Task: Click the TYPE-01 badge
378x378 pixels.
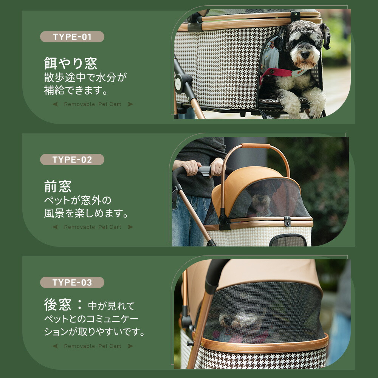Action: point(72,37)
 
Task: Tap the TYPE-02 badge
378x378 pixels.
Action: point(72,160)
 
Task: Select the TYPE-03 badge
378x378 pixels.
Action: point(72,282)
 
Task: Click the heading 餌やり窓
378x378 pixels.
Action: point(70,63)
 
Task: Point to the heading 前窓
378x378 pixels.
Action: point(57,186)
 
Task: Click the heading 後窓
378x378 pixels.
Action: point(57,304)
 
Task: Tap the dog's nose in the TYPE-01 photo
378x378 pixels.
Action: point(305,55)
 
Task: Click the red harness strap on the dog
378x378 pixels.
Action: point(277,73)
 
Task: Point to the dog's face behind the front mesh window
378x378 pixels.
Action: point(260,198)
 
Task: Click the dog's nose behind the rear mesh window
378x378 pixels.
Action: point(225,321)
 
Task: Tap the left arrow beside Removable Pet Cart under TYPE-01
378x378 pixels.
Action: point(55,104)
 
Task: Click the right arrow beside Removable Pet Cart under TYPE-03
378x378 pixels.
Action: point(130,346)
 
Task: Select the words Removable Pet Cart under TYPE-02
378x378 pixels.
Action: point(93,227)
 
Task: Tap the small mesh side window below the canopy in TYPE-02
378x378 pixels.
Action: point(288,240)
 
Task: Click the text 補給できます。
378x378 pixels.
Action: point(76,90)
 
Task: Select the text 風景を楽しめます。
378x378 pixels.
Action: point(86,213)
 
